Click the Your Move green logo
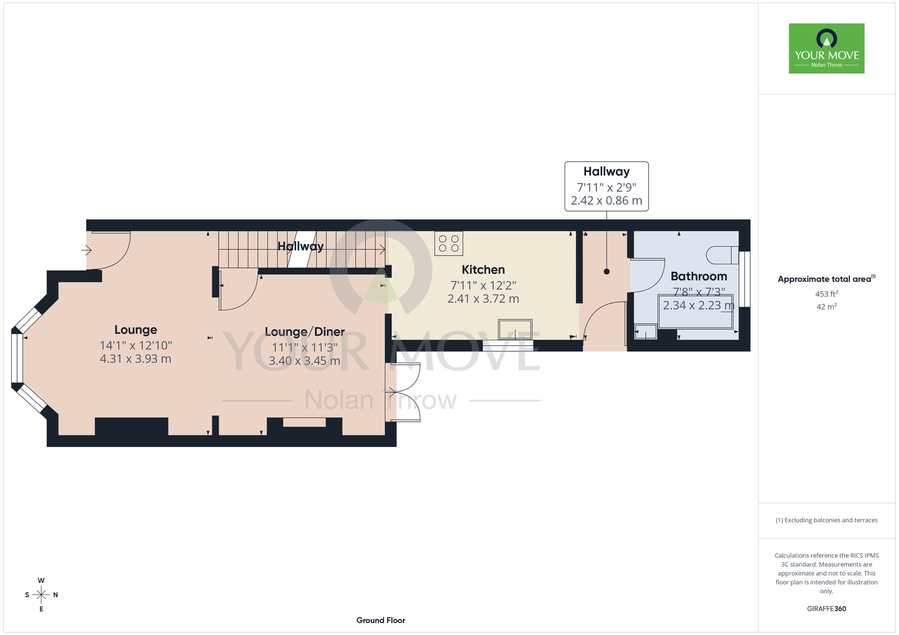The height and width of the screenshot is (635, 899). [x=827, y=49]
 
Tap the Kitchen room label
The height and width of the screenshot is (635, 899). [x=483, y=270]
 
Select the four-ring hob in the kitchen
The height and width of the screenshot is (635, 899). [x=449, y=243]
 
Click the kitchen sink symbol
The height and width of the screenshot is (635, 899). [x=515, y=330]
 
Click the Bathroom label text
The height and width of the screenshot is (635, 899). [x=699, y=276]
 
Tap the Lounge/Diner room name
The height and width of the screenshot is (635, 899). [x=305, y=332]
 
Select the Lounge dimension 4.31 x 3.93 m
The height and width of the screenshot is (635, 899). [x=136, y=359]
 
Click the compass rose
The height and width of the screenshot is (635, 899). [x=41, y=595]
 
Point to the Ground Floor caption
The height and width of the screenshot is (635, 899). [x=381, y=620]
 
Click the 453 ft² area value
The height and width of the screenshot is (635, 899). [x=827, y=294]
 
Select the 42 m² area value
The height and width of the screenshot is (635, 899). [x=827, y=307]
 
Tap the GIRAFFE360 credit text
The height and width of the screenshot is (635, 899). [x=827, y=609]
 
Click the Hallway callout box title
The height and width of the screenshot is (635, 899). [x=606, y=172]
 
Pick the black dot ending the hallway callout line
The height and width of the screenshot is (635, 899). [x=606, y=271]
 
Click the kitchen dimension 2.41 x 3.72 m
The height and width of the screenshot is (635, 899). [x=483, y=299]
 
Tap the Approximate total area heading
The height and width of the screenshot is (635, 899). [x=827, y=279]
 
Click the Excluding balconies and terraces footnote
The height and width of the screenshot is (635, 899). [x=827, y=520]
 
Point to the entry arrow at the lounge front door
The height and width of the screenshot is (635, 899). [x=86, y=250]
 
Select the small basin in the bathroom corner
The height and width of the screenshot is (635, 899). [x=645, y=332]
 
